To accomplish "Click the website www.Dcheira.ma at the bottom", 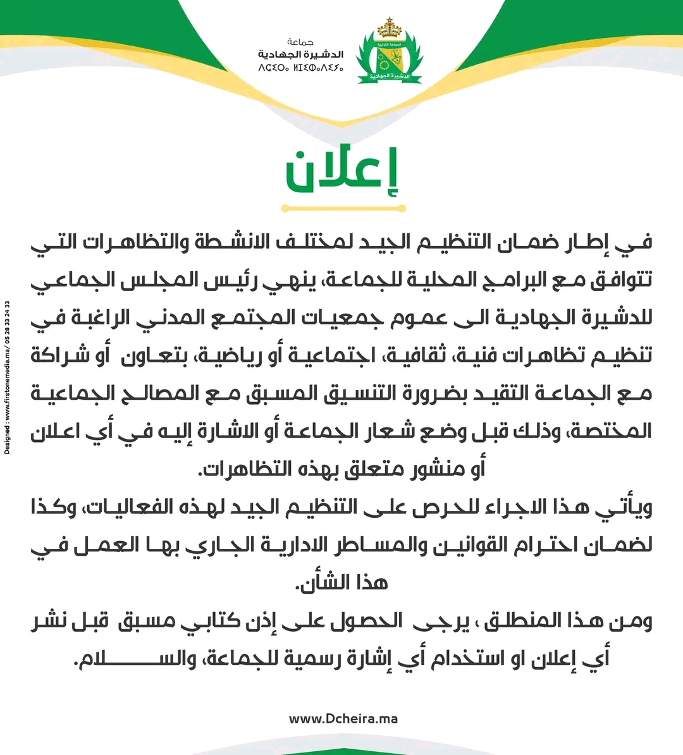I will (343, 718).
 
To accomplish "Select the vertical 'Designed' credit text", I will (8, 378).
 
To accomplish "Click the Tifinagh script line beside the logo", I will (301, 66).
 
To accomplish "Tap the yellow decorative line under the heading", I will (343, 208).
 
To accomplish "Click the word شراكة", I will (61, 355).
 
